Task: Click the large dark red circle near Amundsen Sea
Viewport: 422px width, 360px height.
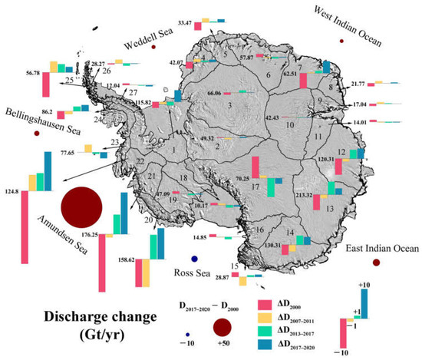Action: point(81,207)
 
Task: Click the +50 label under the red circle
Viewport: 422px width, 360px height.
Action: point(223,345)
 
